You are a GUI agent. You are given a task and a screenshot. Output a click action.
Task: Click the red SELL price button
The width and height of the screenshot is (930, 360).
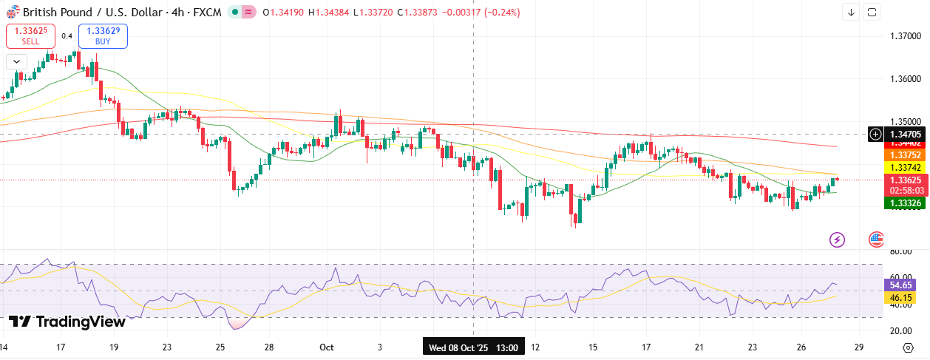point(30,35)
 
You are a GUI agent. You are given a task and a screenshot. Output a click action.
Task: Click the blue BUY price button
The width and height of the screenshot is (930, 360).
point(103,35)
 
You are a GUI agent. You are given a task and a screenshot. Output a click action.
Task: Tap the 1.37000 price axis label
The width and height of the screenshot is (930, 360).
point(905,35)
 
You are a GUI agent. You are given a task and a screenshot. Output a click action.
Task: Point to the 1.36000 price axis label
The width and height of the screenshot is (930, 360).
point(905,78)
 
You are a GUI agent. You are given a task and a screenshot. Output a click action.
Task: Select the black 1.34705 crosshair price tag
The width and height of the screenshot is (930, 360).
point(905,134)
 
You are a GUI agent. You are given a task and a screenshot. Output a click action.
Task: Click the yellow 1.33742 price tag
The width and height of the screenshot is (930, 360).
point(905,168)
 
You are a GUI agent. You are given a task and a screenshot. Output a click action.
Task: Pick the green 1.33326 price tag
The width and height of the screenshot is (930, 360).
point(905,203)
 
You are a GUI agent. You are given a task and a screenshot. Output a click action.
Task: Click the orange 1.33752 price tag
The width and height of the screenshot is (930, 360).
point(905,155)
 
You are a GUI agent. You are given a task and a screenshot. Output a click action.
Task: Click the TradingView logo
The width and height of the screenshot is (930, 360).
point(67,322)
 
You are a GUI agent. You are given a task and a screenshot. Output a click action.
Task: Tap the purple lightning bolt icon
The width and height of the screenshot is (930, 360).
point(837,239)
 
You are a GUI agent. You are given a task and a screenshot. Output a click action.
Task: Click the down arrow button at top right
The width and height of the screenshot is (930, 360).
point(852,12)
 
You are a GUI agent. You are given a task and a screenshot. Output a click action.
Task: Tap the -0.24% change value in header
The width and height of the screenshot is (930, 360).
point(503,13)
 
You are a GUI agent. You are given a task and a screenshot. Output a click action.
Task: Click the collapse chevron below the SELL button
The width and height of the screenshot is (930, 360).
point(16,61)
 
